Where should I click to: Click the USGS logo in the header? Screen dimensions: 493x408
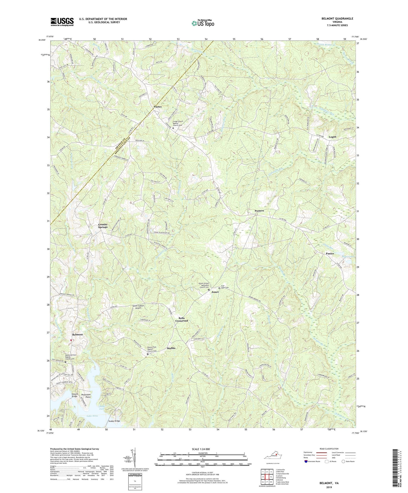pos(62,21)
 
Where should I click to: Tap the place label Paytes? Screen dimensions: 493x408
pos(157,107)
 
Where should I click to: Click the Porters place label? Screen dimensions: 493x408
pos(259,211)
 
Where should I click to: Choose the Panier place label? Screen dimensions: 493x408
pos(330,253)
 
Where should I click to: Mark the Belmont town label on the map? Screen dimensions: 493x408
pos(78,334)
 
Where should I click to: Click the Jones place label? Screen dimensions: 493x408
pos(215,292)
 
